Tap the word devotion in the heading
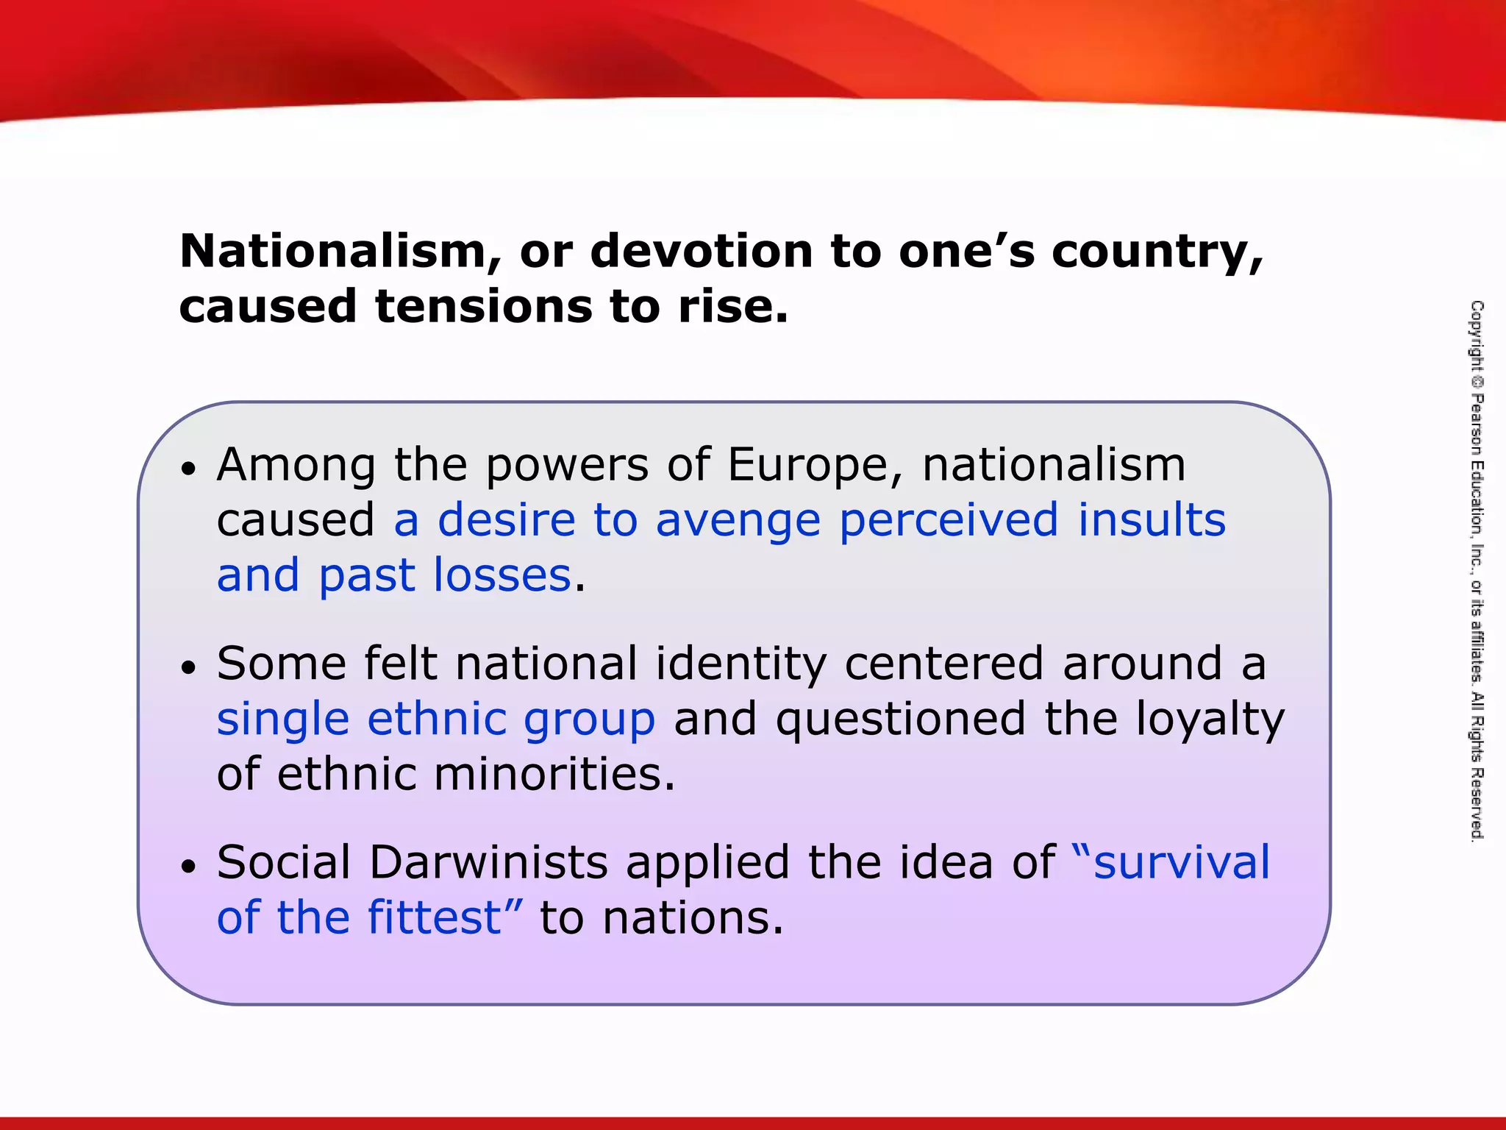pyautogui.click(x=702, y=252)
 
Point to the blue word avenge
pyautogui.click(x=738, y=520)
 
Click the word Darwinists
pyautogui.click(x=488, y=862)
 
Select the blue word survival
pyautogui.click(x=1181, y=862)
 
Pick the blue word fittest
pyautogui.click(x=435, y=917)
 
